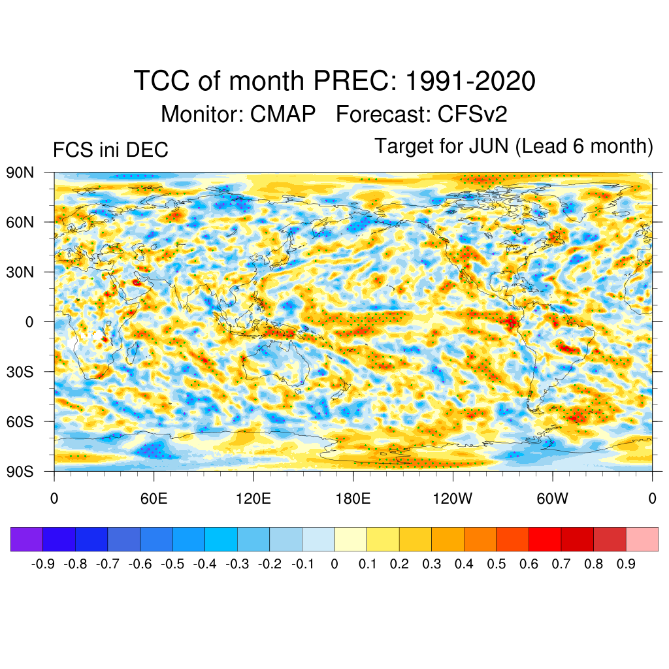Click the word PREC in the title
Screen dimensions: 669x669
355,82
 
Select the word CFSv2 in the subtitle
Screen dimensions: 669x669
472,114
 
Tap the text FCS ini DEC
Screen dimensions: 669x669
110,150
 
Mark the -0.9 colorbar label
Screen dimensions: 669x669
42,564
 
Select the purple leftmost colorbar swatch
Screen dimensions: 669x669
27,539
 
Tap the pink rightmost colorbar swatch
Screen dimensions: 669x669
642,539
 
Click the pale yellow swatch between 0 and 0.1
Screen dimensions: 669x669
351,539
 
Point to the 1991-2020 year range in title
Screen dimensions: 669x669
470,82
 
